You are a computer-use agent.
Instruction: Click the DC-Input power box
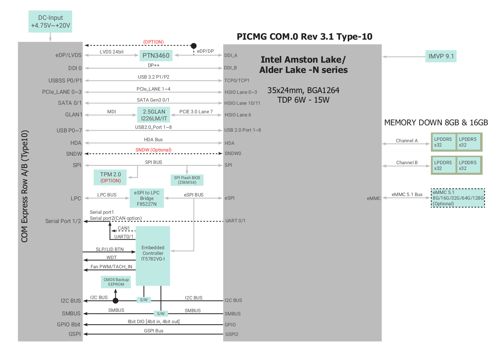[50, 22]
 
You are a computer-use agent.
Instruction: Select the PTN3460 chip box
[156, 55]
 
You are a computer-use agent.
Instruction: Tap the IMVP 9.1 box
[441, 56]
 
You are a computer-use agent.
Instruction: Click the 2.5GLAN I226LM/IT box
[154, 115]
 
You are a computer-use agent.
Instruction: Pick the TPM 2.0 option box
[110, 177]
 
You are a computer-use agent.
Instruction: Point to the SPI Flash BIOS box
[187, 180]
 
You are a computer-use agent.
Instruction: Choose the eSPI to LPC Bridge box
[146, 198]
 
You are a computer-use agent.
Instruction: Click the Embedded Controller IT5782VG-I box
[153, 256]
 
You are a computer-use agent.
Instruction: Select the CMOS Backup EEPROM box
[116, 282]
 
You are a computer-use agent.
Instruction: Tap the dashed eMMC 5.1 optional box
[458, 198]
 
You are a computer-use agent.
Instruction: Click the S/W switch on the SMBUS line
[161, 314]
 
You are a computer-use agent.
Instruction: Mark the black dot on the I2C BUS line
[115, 301]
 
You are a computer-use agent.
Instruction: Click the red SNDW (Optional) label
[153, 150]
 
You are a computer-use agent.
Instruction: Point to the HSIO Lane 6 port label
[238, 115]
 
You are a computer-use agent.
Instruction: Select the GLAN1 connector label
[74, 115]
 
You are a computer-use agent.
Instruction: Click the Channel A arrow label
[407, 141]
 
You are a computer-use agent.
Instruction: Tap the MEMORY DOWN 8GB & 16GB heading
[436, 122]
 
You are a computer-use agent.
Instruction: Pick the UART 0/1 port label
[235, 221]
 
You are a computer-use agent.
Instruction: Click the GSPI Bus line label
[154, 331]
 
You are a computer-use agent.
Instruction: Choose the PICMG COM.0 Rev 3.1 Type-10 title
[304, 36]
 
